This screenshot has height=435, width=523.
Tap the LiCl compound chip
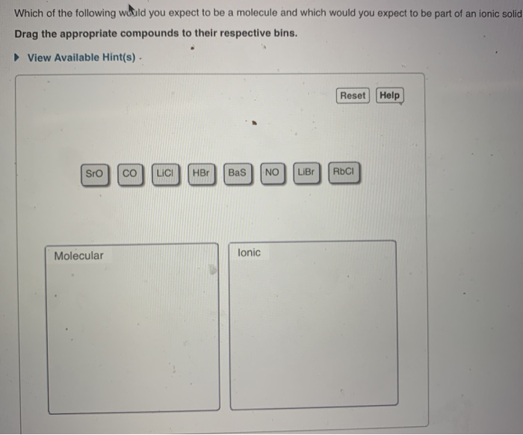point(165,173)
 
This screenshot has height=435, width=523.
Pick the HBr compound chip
point(201,173)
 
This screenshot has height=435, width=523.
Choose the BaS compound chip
point(237,173)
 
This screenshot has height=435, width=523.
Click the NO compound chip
point(272,173)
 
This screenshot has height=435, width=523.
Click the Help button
point(389,96)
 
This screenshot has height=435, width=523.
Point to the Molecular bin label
point(78,256)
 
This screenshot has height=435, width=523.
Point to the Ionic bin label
point(249,253)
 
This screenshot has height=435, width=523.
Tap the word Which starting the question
point(29,13)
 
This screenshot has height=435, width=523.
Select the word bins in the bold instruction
point(282,34)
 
